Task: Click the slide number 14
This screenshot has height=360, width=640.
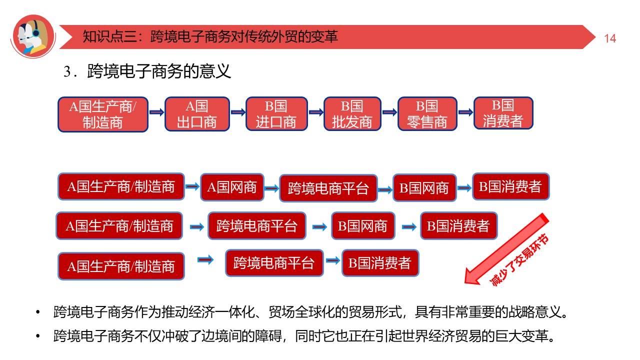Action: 610,38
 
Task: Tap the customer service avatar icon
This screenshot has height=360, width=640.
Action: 33,35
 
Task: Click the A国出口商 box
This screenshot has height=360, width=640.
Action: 197,114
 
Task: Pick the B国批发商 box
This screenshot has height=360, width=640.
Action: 352,114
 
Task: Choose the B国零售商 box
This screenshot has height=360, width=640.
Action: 427,114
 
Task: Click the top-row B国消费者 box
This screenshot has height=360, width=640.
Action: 503,113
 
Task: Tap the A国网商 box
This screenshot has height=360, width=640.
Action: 231,187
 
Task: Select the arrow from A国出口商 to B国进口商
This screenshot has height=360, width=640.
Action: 237,113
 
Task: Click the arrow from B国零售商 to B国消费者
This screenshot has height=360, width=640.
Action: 465,112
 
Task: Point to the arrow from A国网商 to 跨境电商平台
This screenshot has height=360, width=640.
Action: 271,188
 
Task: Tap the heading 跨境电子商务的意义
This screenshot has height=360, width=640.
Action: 159,71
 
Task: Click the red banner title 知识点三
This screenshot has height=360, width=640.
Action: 210,36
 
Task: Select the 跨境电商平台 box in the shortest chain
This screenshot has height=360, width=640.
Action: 274,263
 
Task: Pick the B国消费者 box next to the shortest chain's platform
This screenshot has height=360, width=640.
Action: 380,263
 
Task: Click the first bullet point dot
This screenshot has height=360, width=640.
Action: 37,313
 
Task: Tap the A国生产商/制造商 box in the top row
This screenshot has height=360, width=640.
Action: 103,114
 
